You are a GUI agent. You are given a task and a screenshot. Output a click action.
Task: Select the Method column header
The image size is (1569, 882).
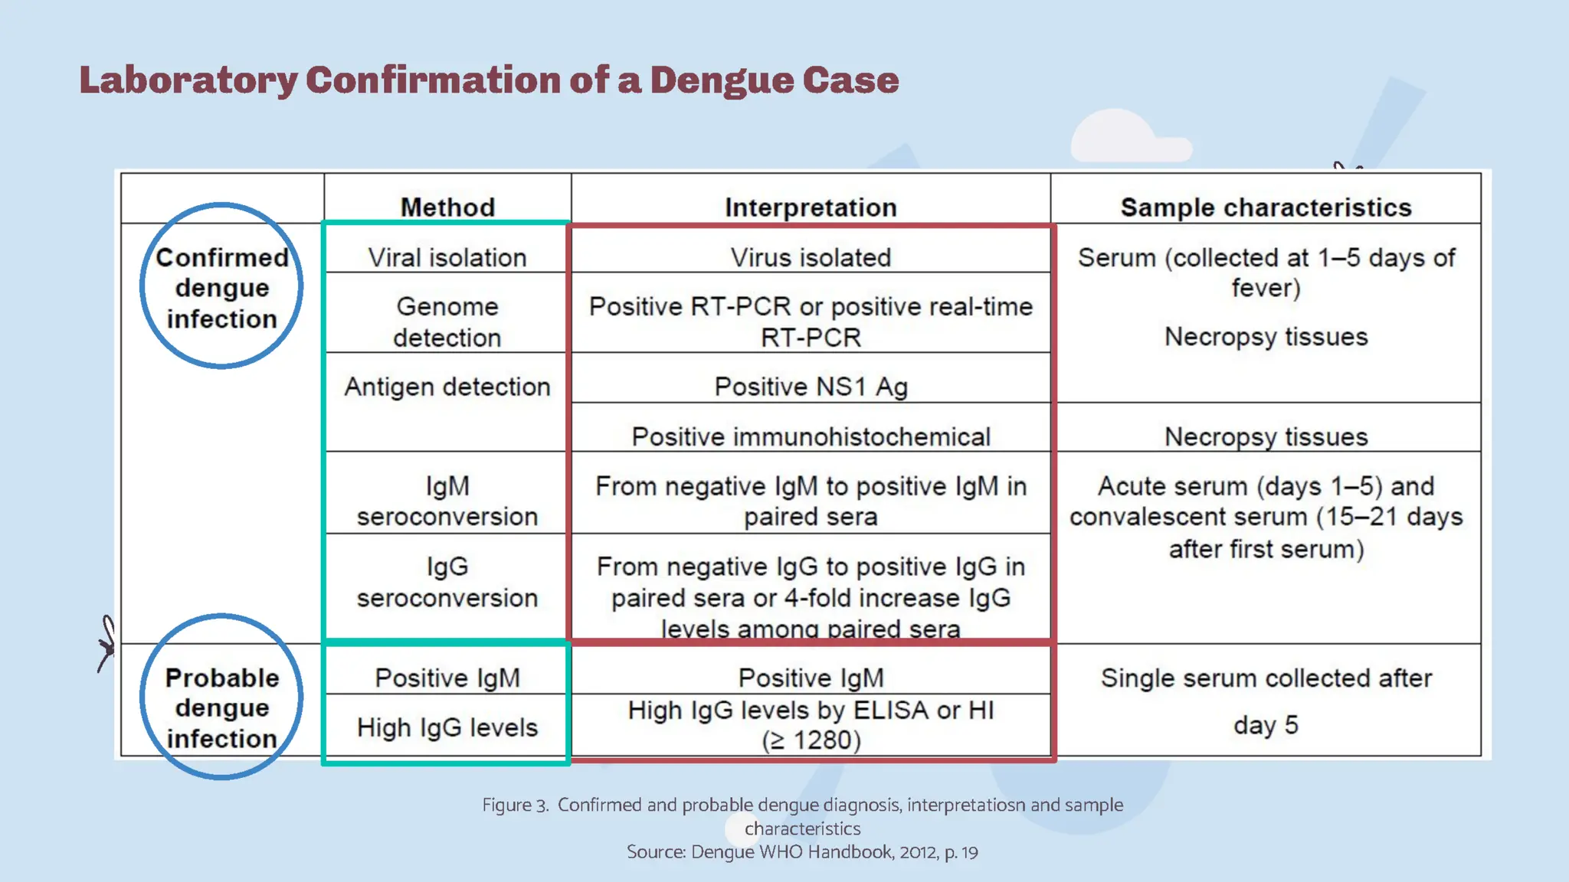[447, 207]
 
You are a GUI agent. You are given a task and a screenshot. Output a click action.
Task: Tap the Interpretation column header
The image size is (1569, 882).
[811, 207]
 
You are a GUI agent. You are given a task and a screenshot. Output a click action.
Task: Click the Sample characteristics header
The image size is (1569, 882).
[1266, 207]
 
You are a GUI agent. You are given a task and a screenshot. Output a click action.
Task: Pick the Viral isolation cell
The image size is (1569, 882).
[447, 257]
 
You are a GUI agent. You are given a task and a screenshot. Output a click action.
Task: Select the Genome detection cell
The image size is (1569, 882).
[447, 322]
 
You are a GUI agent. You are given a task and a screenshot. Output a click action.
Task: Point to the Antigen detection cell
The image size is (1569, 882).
[447, 387]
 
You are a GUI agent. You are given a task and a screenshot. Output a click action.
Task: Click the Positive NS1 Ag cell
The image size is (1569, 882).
[811, 387]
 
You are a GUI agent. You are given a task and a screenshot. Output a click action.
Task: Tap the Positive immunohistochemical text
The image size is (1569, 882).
[811, 436]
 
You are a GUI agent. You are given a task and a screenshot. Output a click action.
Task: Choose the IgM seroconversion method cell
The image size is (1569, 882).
[447, 501]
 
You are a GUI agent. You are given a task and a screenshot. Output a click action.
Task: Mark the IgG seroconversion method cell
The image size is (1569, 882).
[447, 582]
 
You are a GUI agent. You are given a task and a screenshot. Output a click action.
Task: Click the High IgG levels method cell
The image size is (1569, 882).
[447, 727]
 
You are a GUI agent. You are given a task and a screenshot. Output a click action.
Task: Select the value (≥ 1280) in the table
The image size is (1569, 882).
[811, 740]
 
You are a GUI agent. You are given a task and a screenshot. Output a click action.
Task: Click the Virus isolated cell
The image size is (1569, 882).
[811, 257]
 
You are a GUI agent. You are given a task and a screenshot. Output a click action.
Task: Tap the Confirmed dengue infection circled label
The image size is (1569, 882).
[221, 287]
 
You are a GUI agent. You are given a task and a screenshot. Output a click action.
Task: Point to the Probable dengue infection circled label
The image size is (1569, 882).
[221, 707]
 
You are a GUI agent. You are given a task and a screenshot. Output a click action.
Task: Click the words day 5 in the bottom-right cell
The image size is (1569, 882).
[1266, 724]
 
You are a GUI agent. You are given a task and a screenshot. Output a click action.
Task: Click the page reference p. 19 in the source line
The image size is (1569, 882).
[961, 852]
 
